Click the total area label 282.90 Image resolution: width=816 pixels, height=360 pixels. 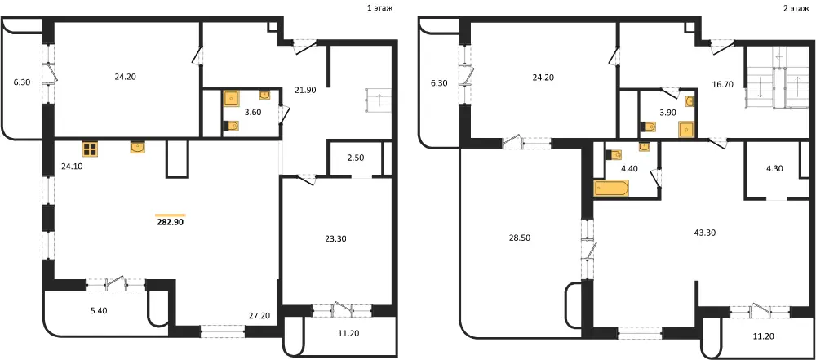(171, 222)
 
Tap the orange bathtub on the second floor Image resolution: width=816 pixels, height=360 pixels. (611, 188)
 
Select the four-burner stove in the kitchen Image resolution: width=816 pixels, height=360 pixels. (90, 149)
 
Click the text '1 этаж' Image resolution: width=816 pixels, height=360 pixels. (379, 8)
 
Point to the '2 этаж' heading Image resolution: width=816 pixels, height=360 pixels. (796, 8)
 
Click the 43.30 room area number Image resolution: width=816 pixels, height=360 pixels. (705, 233)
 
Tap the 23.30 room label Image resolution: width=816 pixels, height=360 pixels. (335, 239)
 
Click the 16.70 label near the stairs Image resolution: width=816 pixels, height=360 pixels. (722, 84)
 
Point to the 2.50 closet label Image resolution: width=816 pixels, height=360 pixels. (355, 158)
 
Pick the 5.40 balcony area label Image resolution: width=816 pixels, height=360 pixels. (99, 310)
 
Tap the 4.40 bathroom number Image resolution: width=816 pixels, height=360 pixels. (630, 168)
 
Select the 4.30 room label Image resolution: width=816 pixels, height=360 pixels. (775, 169)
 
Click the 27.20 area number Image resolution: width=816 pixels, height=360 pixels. (259, 316)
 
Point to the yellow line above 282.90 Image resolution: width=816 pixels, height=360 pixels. (171, 215)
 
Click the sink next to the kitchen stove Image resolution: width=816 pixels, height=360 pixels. (138, 148)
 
